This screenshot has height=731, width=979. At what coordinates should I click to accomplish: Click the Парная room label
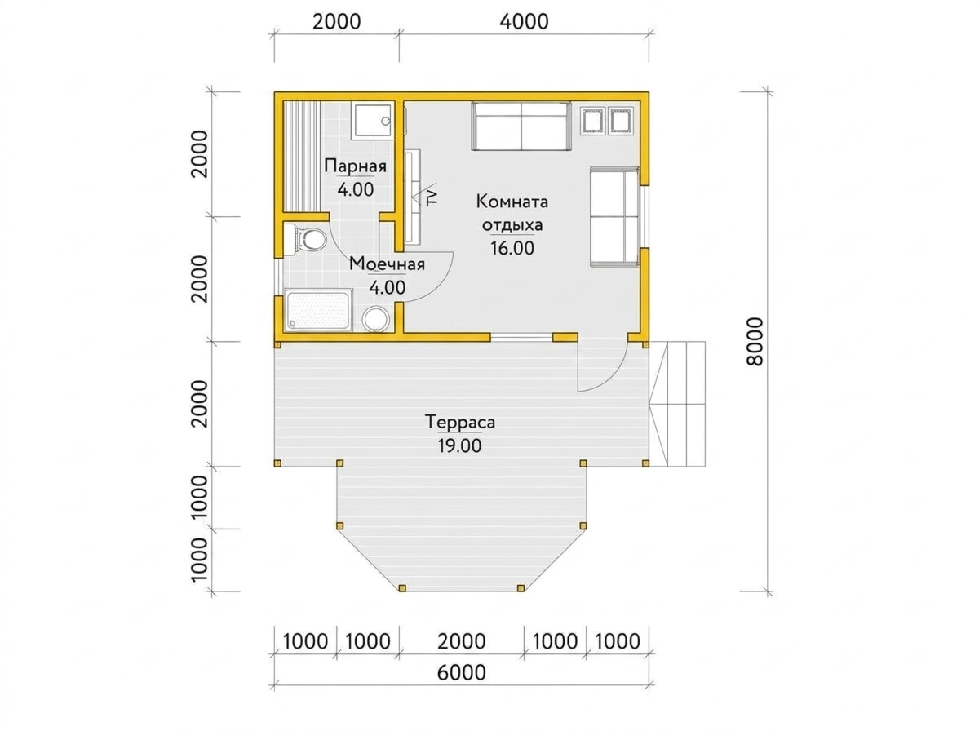355,166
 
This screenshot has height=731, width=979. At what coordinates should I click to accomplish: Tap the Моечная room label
387,264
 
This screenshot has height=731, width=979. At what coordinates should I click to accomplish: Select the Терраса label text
460,422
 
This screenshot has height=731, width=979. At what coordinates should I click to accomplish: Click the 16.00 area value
512,248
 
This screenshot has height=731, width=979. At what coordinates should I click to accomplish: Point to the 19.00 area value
459,445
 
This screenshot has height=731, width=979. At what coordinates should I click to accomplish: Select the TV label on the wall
432,197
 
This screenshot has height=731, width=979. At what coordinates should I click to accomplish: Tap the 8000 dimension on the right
755,342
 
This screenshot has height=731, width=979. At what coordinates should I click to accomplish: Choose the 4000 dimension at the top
524,21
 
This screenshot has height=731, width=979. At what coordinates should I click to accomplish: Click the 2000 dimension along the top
336,21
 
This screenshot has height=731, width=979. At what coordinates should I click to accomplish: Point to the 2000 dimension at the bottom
461,642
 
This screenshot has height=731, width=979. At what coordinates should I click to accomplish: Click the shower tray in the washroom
318,310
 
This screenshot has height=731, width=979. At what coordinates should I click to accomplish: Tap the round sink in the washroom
376,320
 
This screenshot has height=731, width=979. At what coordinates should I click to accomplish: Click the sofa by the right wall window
614,217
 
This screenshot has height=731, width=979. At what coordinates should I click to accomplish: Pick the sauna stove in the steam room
372,121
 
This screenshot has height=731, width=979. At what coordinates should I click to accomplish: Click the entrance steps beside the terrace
677,404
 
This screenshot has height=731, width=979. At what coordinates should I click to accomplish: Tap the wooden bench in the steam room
302,156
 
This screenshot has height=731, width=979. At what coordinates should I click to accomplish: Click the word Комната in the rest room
512,202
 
